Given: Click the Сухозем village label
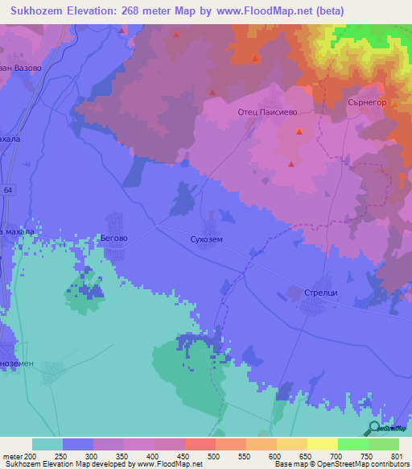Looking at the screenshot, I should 200,239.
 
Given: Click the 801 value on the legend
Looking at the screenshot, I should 394,456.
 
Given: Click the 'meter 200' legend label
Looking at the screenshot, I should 19,456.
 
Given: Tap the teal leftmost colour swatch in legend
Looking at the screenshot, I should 47,444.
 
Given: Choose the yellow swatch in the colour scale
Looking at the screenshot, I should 322,444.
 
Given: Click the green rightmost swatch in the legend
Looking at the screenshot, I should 384,444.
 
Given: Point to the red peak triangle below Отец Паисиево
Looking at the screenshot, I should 299,131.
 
